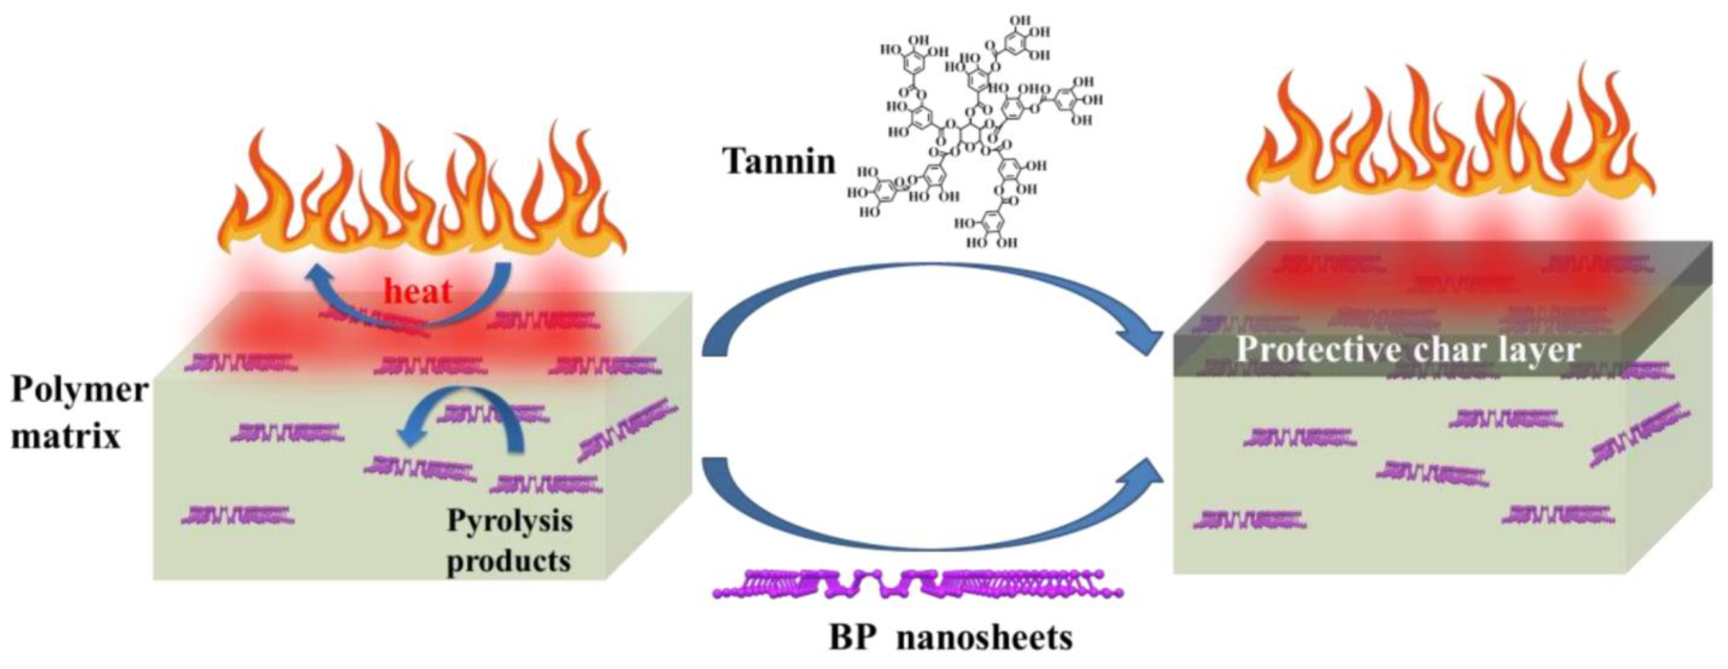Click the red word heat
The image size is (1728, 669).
click(417, 291)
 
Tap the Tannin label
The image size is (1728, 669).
click(779, 161)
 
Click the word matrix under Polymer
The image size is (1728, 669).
click(66, 436)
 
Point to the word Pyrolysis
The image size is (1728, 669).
click(510, 521)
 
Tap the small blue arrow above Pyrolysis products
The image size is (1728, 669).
click(463, 419)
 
